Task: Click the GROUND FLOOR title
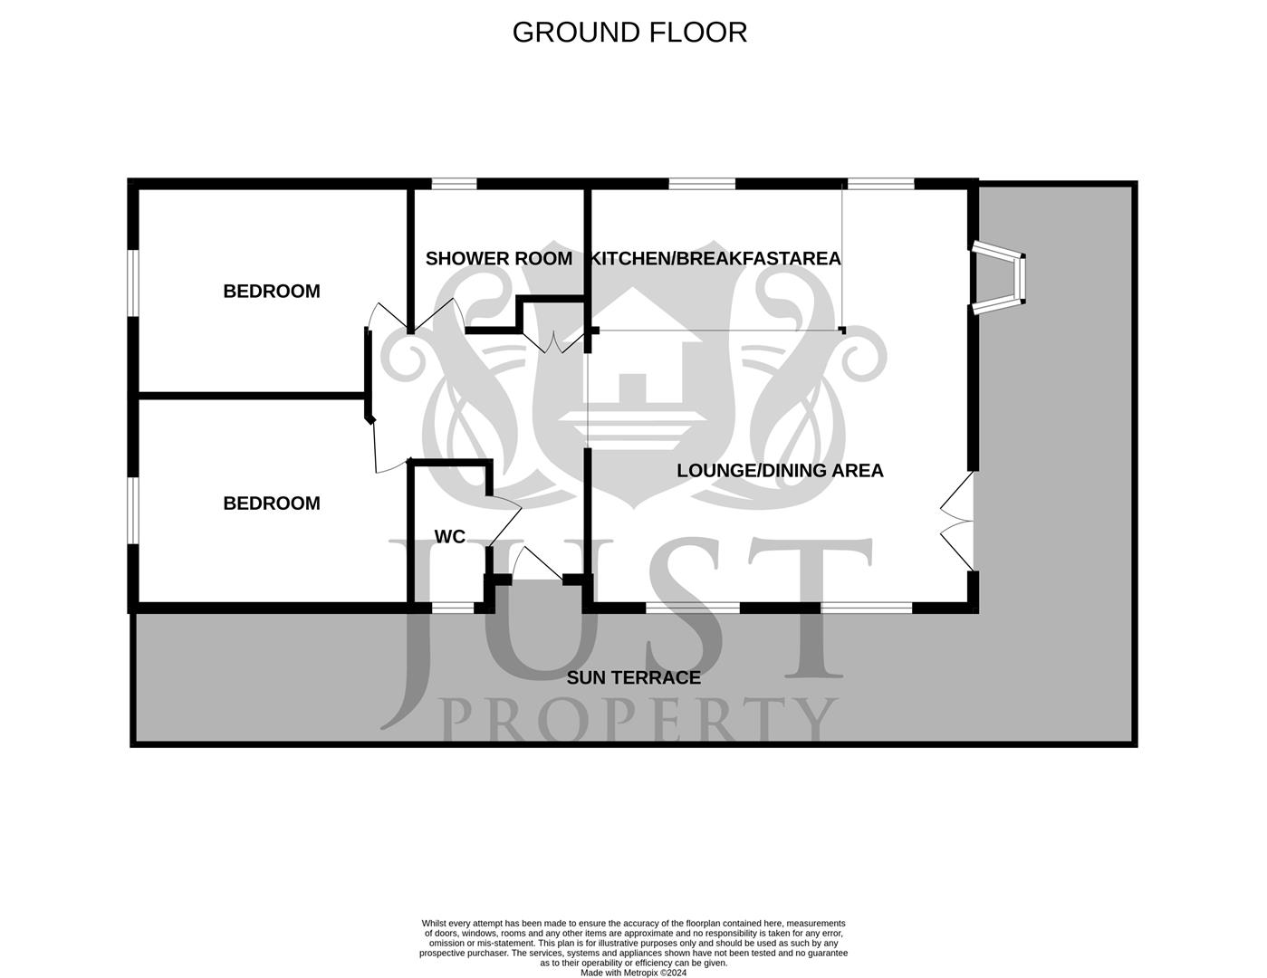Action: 629,32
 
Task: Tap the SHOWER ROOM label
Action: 498,259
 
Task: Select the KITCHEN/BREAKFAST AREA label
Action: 715,259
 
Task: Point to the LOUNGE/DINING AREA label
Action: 780,471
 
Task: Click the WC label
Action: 449,537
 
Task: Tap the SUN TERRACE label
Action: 633,677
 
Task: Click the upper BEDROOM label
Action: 272,292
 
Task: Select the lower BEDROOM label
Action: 272,503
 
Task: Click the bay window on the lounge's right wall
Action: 1001,278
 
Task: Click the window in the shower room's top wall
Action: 454,184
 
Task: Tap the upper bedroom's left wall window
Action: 132,283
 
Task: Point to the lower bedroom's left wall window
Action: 132,511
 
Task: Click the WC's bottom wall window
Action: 453,607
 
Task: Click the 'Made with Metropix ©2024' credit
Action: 633,973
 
